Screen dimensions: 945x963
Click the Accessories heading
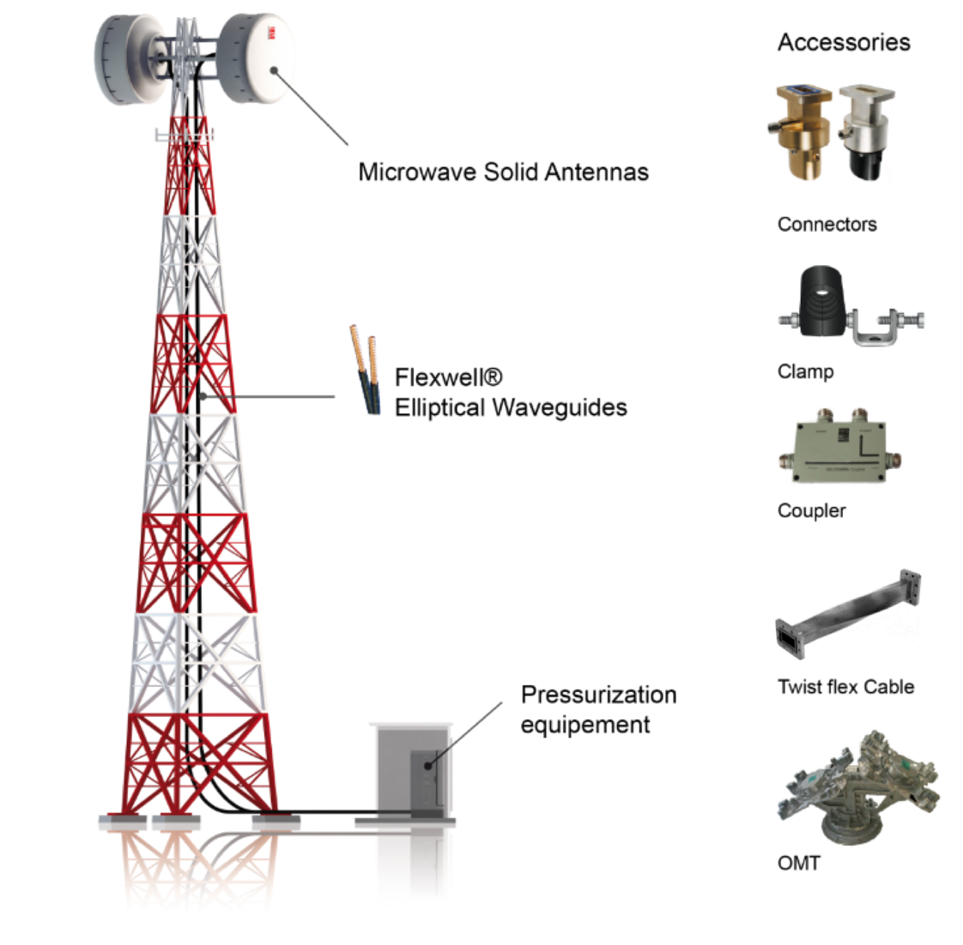[843, 42]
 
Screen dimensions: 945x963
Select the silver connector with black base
[868, 132]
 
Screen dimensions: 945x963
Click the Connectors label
[827, 225]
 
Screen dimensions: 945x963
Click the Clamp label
[805, 371]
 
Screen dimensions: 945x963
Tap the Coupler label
[811, 510]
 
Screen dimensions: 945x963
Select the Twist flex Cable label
[845, 687]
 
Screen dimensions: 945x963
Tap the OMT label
[798, 864]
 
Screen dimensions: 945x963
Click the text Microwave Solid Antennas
[503, 172]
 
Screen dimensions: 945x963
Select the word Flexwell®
[448, 376]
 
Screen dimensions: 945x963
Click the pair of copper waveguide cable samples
[366, 370]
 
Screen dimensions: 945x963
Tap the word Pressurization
[598, 695]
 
